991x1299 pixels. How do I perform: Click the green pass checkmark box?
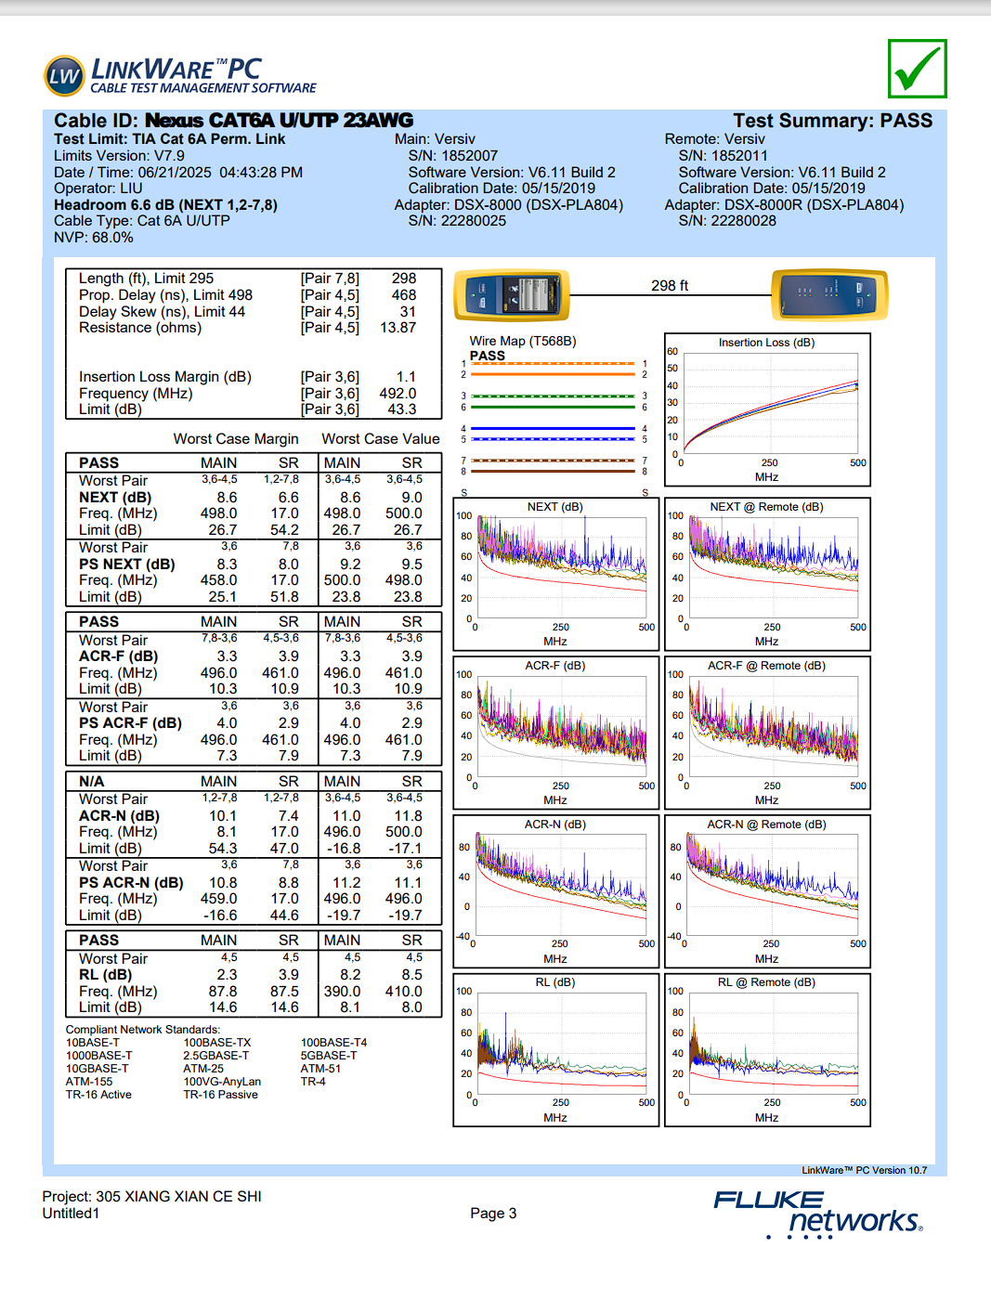pyautogui.click(x=917, y=69)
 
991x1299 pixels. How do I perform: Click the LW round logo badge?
pyautogui.click(x=64, y=76)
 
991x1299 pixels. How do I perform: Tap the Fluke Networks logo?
pyautogui.click(x=817, y=1214)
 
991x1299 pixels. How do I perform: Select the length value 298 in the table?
pyautogui.click(x=404, y=279)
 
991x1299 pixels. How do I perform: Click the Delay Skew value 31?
pyautogui.click(x=408, y=311)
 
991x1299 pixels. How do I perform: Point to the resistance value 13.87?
pyautogui.click(x=398, y=327)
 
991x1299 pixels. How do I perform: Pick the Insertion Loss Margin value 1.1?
pyautogui.click(x=406, y=376)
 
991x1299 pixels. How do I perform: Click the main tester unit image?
pyautogui.click(x=512, y=294)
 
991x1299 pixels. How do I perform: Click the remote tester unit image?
pyautogui.click(x=829, y=294)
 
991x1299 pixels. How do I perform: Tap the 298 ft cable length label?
pyautogui.click(x=670, y=286)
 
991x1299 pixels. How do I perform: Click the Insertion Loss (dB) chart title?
pyautogui.click(x=766, y=343)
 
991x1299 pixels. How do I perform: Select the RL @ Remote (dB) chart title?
pyautogui.click(x=766, y=982)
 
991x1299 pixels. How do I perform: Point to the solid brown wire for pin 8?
pyautogui.click(x=553, y=472)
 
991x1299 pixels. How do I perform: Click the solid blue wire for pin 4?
pyautogui.click(x=553, y=428)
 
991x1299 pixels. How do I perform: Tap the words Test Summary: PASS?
pyautogui.click(x=833, y=121)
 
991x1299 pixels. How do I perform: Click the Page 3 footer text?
pyautogui.click(x=493, y=1214)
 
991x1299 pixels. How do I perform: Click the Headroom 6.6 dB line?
pyautogui.click(x=165, y=205)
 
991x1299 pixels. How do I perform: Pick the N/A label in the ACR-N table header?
pyautogui.click(x=91, y=781)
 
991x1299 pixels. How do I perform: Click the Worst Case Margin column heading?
pyautogui.click(x=236, y=438)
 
